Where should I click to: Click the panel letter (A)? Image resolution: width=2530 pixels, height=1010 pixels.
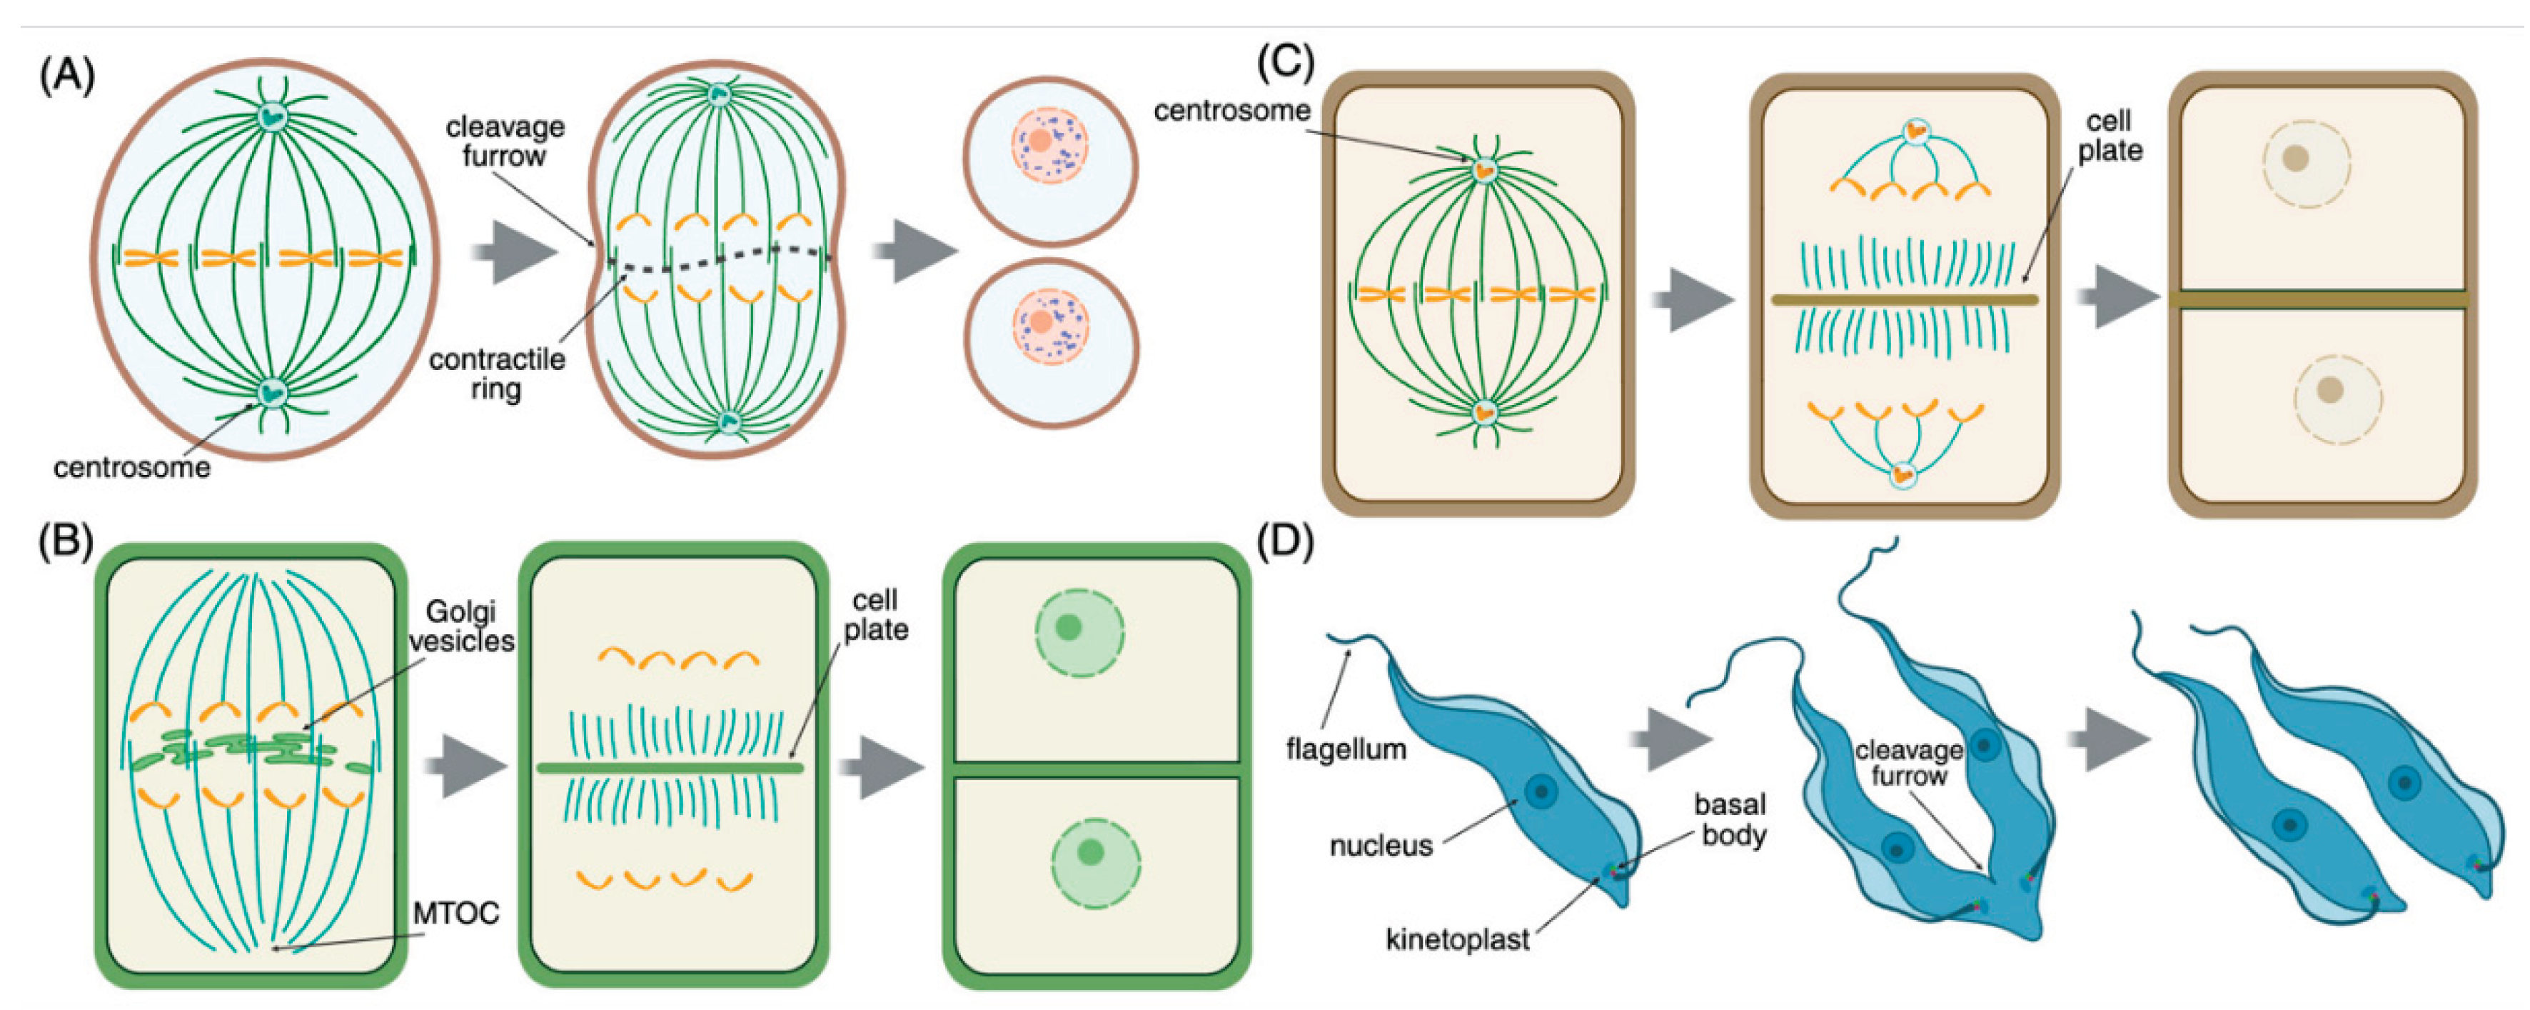[67, 76]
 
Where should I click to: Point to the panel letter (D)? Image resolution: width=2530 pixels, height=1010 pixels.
[1286, 542]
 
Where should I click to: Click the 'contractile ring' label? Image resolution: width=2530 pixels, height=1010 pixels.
[497, 374]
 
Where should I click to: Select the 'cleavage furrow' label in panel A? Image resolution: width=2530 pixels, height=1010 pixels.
[505, 141]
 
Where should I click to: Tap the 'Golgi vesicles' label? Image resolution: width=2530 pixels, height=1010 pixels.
[462, 627]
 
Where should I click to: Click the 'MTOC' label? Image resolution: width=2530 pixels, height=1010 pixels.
[455, 914]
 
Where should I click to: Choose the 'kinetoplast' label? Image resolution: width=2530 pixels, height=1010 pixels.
[1458, 940]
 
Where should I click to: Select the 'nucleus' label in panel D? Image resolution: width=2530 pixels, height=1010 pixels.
[1381, 845]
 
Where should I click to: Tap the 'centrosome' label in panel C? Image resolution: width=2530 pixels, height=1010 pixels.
[1231, 111]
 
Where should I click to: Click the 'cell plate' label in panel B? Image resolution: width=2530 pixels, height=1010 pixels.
[875, 615]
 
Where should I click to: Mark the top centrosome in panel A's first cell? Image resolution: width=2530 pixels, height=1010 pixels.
[272, 116]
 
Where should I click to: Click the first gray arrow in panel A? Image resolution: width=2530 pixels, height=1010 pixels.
[514, 251]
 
